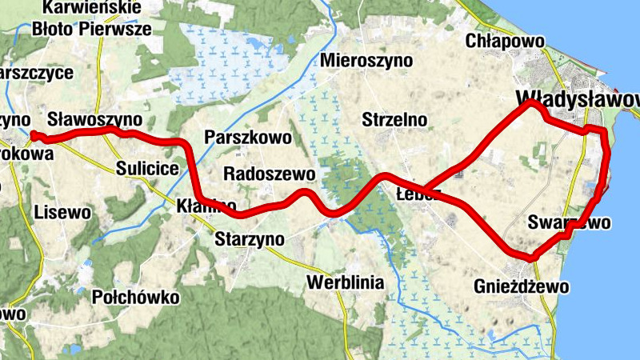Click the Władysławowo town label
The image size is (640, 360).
point(578,98)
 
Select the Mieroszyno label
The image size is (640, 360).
point(366,61)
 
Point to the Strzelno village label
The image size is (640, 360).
point(394,120)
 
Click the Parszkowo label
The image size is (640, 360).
point(248,137)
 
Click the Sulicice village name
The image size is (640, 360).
point(146,168)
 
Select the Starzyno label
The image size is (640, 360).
point(250,238)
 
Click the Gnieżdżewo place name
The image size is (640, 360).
point(521,286)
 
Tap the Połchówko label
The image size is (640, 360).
point(136,298)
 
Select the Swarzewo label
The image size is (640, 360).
point(570,222)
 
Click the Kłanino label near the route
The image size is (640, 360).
point(206,206)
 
